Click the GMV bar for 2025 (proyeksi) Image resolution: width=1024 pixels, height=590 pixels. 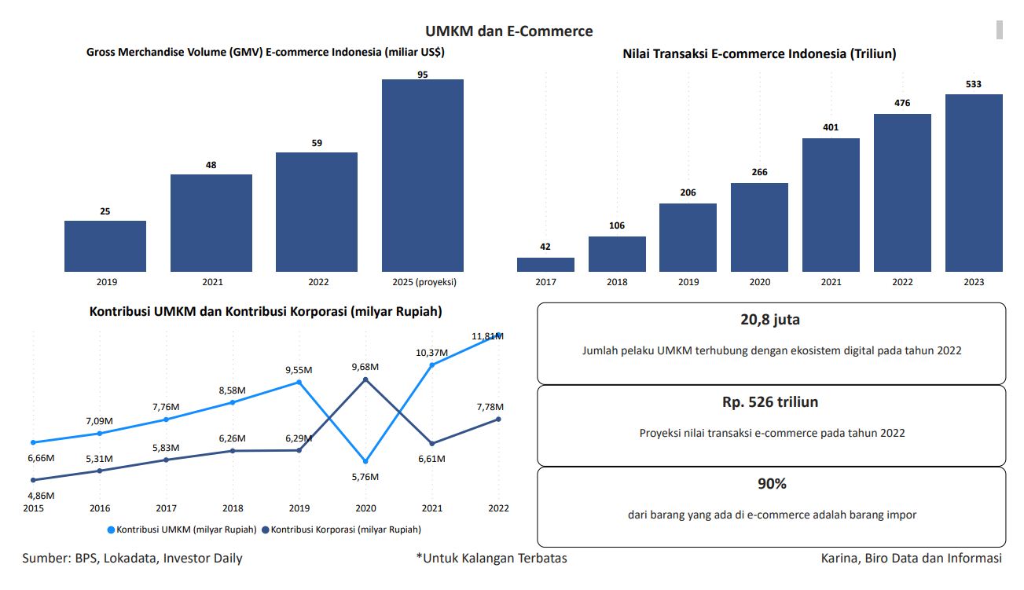tap(422, 175)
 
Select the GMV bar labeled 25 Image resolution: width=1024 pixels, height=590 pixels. tap(105, 246)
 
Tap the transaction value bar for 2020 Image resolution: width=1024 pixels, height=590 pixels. tap(759, 227)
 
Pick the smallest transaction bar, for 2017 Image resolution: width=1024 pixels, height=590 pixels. tap(545, 265)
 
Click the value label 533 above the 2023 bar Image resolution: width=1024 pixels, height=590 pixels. tap(974, 84)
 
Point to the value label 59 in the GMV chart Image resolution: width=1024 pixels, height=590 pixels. tap(317, 143)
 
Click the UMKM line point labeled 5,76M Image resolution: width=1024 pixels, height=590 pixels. tap(365, 461)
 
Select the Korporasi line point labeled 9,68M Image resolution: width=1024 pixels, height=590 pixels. tap(365, 379)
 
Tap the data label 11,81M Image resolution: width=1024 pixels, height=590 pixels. tap(487, 336)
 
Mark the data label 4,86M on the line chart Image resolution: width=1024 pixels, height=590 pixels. tap(41, 496)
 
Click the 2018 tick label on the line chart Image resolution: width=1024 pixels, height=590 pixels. tap(233, 508)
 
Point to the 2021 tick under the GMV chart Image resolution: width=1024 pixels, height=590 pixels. tap(211, 282)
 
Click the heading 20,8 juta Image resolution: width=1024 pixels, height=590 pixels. tap(770, 320)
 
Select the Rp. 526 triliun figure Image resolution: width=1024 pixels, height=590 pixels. tap(770, 402)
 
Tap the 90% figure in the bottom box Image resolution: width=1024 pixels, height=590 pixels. tap(772, 484)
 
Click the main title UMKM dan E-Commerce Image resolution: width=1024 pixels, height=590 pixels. tap(509, 31)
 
